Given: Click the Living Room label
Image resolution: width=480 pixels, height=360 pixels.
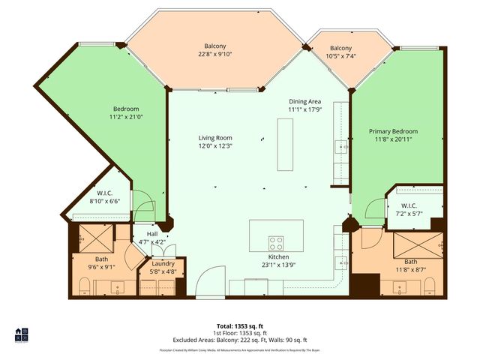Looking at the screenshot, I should (215, 138).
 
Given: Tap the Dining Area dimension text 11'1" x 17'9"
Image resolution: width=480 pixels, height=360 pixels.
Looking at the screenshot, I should (304, 109).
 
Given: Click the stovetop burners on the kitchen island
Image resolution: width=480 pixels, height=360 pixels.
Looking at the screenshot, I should (276, 242).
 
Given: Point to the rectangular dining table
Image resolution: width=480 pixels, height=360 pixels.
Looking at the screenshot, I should (285, 145).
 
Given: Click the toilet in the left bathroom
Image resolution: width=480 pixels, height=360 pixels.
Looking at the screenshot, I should (83, 286).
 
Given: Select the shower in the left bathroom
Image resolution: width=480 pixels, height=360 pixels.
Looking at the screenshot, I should (93, 238).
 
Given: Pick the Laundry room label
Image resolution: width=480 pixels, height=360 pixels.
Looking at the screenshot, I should (163, 264).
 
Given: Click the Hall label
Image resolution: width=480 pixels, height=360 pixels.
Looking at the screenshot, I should (152, 233).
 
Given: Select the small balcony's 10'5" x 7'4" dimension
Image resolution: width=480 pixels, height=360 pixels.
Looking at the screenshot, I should (340, 56).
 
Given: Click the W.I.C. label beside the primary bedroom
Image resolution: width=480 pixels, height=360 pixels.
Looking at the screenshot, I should (409, 205).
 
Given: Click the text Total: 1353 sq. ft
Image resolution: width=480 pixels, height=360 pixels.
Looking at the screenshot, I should (240, 326).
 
